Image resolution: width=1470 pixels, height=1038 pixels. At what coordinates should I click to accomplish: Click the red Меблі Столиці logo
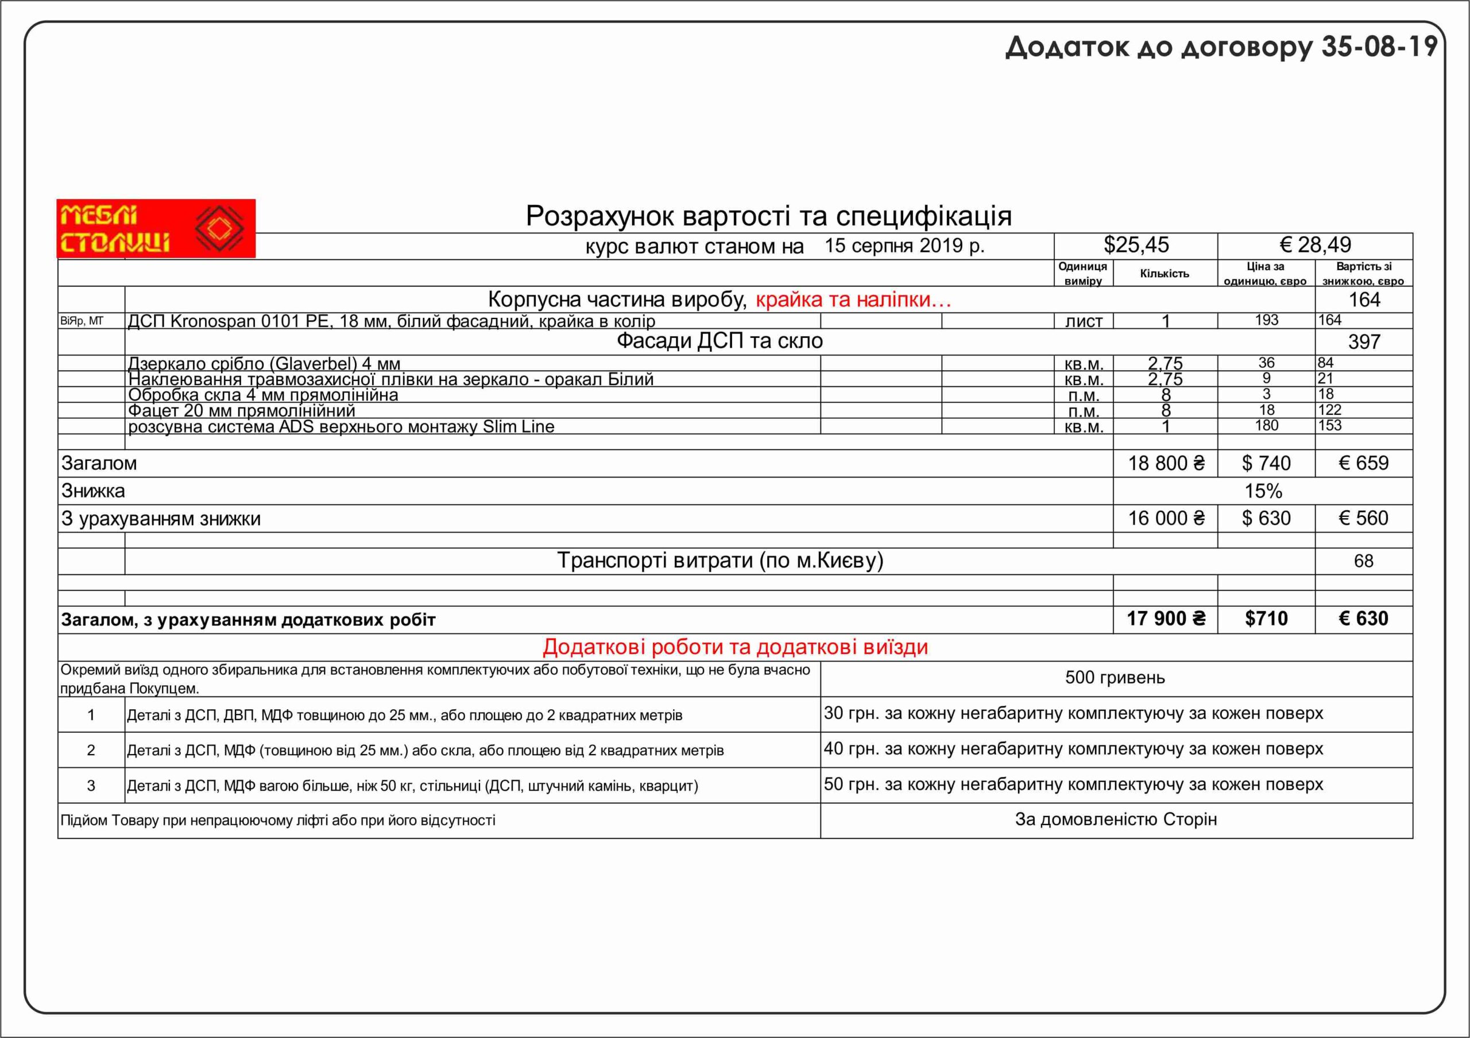coord(156,228)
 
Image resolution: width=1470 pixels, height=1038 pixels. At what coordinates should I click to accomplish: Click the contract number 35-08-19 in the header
coord(1379,46)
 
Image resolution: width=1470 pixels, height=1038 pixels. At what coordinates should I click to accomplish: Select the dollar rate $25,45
coord(1136,245)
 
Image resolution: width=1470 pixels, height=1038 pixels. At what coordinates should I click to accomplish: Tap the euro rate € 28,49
coord(1315,245)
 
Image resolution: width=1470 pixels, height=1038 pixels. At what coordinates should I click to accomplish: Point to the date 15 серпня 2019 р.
coord(904,246)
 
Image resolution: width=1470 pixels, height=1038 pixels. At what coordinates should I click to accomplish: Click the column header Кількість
coord(1165,273)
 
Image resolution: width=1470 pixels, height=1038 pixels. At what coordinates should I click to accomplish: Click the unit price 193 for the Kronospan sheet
coord(1266,321)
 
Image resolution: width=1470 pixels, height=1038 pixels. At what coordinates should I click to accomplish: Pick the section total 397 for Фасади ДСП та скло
coord(1364,342)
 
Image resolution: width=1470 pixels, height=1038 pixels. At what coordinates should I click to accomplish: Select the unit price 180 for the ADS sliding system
coord(1266,426)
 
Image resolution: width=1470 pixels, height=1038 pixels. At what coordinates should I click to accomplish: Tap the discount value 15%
coord(1263,492)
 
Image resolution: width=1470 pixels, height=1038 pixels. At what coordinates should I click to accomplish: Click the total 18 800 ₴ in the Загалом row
coord(1166,463)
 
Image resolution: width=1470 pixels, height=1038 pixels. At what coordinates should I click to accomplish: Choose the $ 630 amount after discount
coord(1266,518)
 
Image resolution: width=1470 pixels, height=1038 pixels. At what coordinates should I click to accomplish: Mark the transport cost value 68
coord(1363,561)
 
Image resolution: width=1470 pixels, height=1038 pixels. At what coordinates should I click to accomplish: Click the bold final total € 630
coord(1363,619)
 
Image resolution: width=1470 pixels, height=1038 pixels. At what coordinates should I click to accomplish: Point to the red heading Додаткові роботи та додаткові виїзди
coord(735,647)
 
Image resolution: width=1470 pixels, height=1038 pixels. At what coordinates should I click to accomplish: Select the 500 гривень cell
coord(1115,678)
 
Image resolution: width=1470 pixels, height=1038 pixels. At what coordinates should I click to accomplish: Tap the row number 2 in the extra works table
coord(91,750)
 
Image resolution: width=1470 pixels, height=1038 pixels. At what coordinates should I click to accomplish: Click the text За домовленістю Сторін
coord(1115,820)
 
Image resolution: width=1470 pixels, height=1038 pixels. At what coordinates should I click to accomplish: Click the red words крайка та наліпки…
coord(853,300)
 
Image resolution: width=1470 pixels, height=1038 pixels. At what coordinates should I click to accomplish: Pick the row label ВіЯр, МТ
coord(82,321)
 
